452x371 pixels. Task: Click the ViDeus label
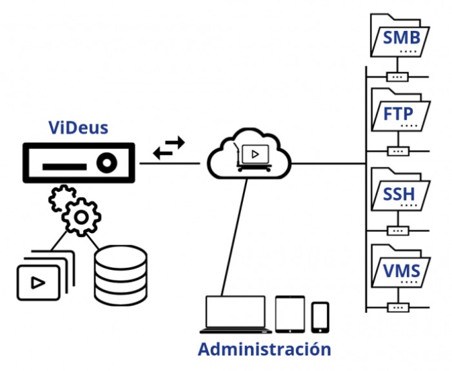point(79,127)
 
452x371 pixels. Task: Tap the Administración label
point(264,349)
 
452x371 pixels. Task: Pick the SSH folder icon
point(398,191)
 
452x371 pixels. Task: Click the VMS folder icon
point(398,269)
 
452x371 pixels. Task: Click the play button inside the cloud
point(256,155)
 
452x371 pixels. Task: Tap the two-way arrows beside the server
point(169,148)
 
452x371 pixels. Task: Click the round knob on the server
point(106,164)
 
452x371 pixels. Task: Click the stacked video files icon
point(42,277)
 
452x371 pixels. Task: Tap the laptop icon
point(235,314)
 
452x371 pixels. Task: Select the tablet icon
point(290,314)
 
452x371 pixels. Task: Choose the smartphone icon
point(320,317)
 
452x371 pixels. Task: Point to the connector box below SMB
point(397,77)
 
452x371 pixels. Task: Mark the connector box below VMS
point(397,307)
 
